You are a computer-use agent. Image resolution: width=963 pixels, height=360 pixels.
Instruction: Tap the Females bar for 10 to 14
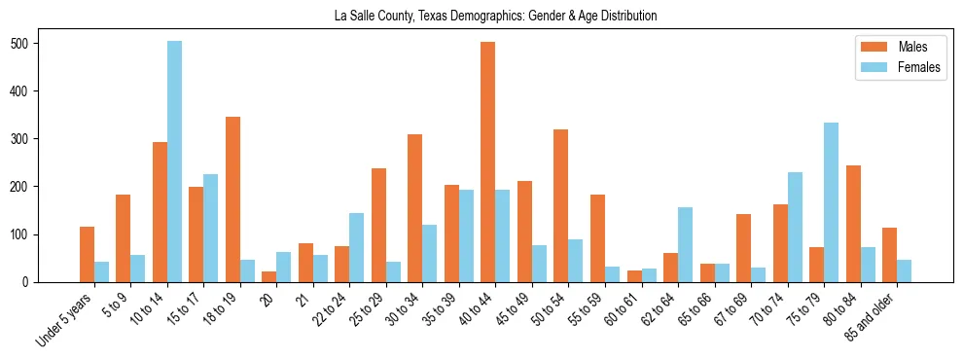pyautogui.click(x=174, y=162)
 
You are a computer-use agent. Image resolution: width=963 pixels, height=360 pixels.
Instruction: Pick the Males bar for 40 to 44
pyautogui.click(x=488, y=162)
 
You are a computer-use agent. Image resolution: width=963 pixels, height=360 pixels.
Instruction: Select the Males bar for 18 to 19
pyautogui.click(x=232, y=199)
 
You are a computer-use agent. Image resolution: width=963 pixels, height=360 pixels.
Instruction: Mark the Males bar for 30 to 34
pyautogui.click(x=415, y=208)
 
